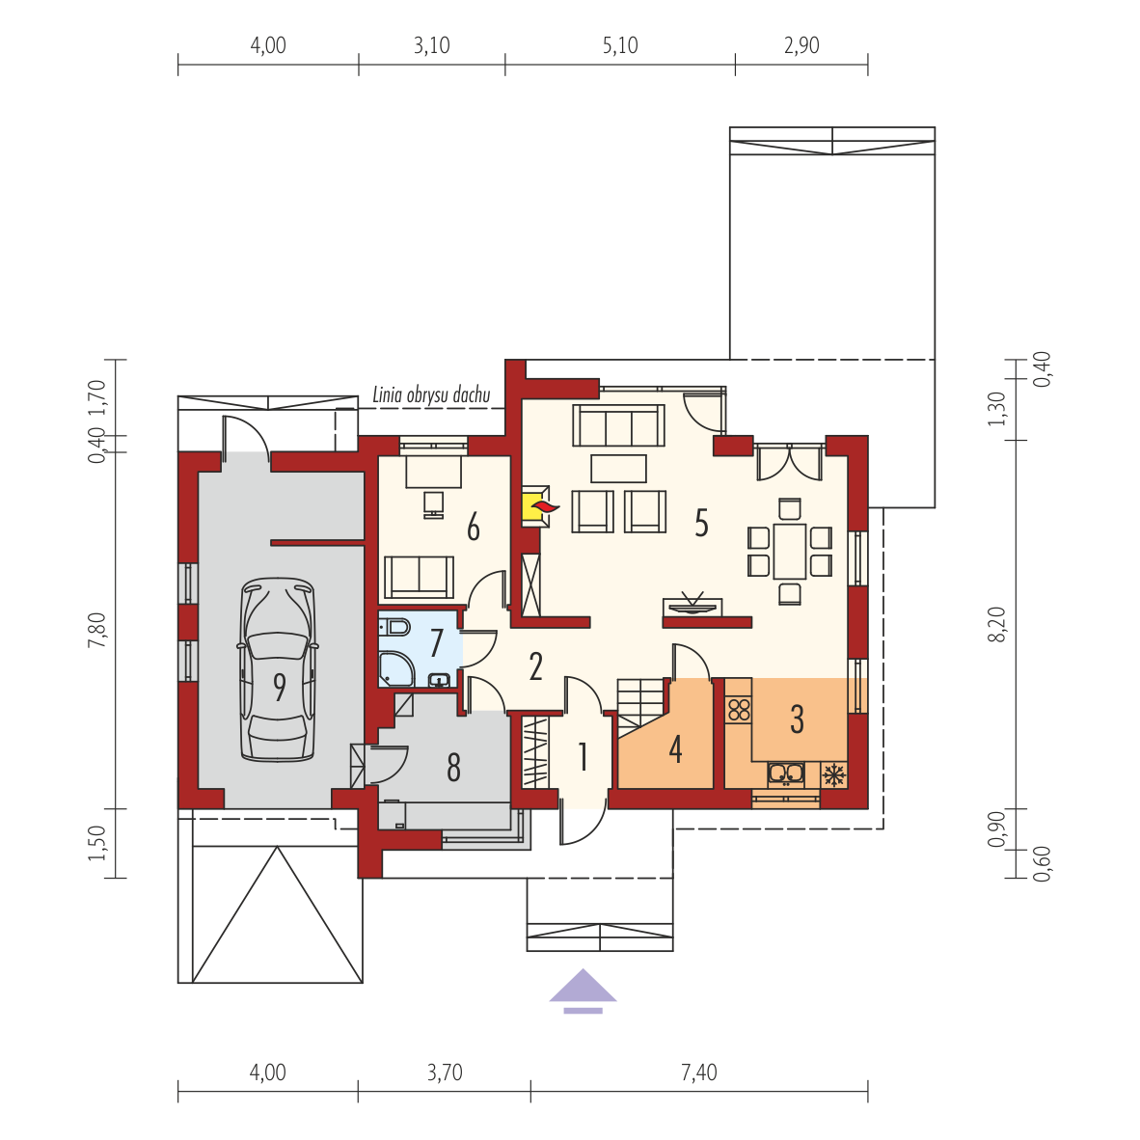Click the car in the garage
click(x=279, y=669)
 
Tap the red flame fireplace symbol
click(x=544, y=506)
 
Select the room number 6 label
click(x=474, y=528)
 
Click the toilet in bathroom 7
click(x=394, y=626)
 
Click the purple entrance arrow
click(x=583, y=991)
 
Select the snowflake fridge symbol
click(x=834, y=775)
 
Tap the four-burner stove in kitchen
click(x=739, y=709)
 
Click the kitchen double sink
click(x=786, y=774)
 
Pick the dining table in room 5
click(x=790, y=552)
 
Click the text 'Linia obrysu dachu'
click(x=431, y=394)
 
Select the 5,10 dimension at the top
click(x=620, y=45)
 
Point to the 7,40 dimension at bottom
click(x=698, y=1072)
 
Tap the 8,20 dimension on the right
click(x=996, y=624)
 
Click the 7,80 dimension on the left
click(x=96, y=630)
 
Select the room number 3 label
click(x=797, y=719)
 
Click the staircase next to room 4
click(x=640, y=708)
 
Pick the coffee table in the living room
click(x=619, y=468)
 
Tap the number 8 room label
click(x=453, y=767)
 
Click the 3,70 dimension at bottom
click(x=445, y=1072)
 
